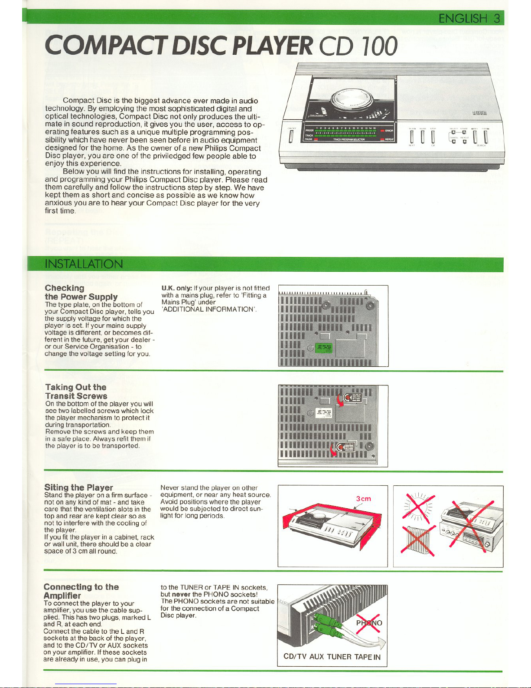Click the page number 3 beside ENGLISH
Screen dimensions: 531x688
(496, 19)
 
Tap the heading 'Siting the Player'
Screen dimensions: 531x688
(78, 487)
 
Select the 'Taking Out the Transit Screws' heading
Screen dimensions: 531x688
(76, 392)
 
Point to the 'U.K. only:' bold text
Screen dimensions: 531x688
(177, 288)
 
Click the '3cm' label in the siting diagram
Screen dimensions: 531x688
(363, 499)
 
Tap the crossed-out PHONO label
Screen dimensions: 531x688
(369, 623)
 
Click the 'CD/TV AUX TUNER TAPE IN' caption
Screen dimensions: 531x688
(332, 657)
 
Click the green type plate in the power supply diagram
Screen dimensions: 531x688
(324, 348)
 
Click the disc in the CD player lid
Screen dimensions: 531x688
(351, 99)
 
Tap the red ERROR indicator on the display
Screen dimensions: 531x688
(387, 130)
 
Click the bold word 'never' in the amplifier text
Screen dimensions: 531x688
(181, 594)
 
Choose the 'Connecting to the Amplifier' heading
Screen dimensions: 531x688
(81, 591)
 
